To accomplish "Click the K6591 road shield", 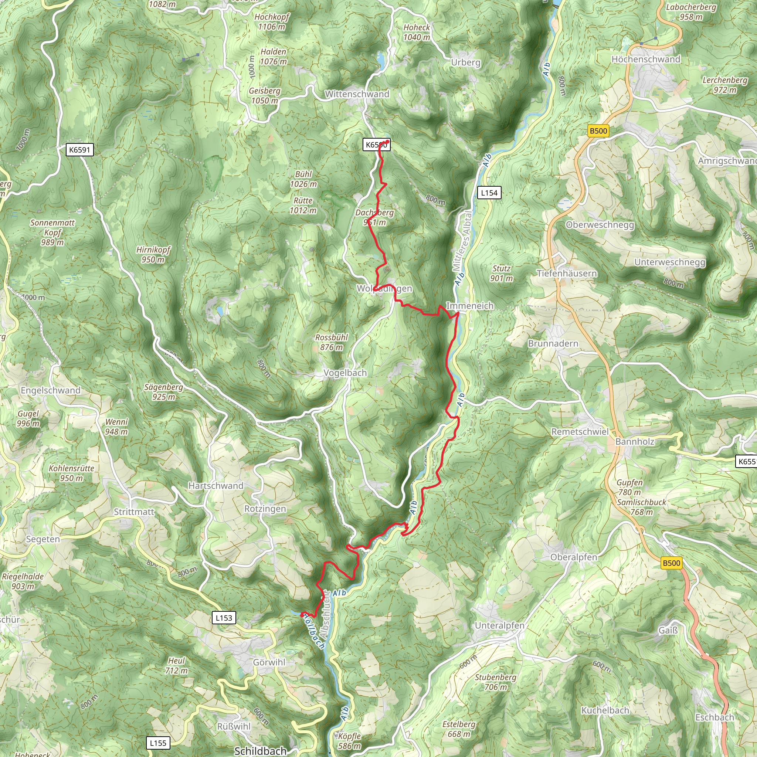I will (79, 150).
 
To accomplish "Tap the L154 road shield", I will (489, 193).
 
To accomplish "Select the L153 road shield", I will (224, 618).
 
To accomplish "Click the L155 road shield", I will (158, 743).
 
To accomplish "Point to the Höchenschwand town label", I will (646, 59).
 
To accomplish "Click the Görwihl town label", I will (269, 662).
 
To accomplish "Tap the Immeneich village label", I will (470, 306).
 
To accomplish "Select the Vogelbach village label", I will (345, 373).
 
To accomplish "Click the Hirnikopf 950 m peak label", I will (153, 255).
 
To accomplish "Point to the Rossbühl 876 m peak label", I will (332, 342).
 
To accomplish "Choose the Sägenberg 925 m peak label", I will (164, 392).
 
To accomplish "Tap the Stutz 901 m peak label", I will (502, 273).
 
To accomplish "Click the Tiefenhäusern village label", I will (567, 274).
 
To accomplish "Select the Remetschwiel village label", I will (580, 432).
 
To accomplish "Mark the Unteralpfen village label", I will (500, 625).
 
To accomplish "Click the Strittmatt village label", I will (134, 512).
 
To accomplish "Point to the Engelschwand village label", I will (51, 390).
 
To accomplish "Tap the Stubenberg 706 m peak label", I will (496, 682).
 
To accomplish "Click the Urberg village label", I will (465, 62).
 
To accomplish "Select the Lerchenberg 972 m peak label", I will (725, 85).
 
